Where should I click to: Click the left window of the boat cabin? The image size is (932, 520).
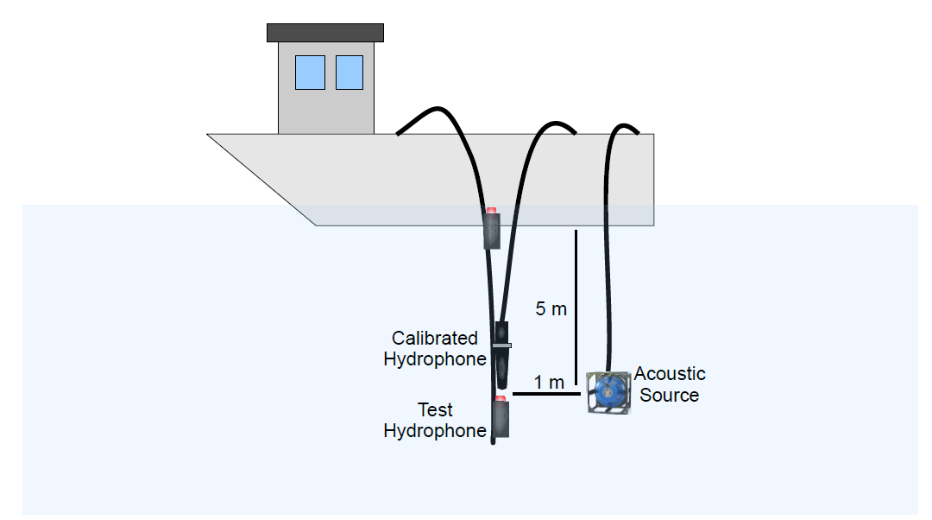pyautogui.click(x=310, y=73)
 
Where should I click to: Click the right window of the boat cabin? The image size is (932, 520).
pyautogui.click(x=349, y=73)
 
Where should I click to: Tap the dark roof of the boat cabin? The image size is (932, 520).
pyautogui.click(x=325, y=33)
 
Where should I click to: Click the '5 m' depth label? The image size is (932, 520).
pyautogui.click(x=551, y=309)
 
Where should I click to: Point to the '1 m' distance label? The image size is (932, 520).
pyautogui.click(x=548, y=382)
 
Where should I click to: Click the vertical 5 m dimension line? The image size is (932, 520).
pyautogui.click(x=576, y=285)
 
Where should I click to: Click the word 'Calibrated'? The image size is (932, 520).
pyautogui.click(x=435, y=339)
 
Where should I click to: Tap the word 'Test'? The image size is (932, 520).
pyautogui.click(x=435, y=410)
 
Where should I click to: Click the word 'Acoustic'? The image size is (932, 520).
pyautogui.click(x=670, y=374)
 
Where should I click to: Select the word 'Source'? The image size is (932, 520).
pyautogui.click(x=670, y=396)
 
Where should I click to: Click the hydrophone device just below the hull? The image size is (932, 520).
pyautogui.click(x=492, y=231)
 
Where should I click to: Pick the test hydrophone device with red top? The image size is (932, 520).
pyautogui.click(x=500, y=418)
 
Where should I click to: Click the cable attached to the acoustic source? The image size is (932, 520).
pyautogui.click(x=610, y=259)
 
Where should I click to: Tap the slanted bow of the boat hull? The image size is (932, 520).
pyautogui.click(x=259, y=177)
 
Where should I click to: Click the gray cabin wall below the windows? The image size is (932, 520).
pyautogui.click(x=325, y=112)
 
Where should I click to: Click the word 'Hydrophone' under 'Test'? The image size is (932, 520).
pyautogui.click(x=435, y=431)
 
